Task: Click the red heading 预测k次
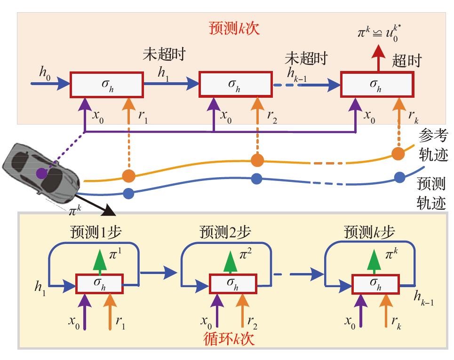[x=234, y=28]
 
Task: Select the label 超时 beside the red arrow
[x=407, y=61]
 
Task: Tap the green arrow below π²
[x=231, y=261]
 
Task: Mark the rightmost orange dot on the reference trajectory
[x=398, y=153]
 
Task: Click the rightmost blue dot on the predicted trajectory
[x=399, y=177]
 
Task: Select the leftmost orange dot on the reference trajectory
[x=128, y=176]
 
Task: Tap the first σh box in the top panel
[x=106, y=85]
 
